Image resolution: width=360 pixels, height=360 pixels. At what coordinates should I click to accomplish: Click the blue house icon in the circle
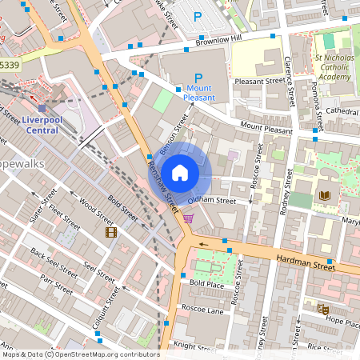tap(180, 172)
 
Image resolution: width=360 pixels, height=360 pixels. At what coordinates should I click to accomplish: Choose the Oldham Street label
tap(212, 200)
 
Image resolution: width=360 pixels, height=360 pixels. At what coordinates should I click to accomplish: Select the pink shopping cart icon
tap(188, 217)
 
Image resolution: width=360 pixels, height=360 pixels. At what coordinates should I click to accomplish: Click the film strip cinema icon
tap(110, 232)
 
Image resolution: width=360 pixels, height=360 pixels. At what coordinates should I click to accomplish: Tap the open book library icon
tap(324, 195)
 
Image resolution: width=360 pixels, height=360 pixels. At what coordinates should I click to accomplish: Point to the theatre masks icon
tap(323, 308)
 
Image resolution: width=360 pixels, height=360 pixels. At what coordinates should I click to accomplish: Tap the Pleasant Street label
tap(259, 80)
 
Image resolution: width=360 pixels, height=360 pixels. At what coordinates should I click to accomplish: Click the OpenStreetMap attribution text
tap(80, 354)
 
